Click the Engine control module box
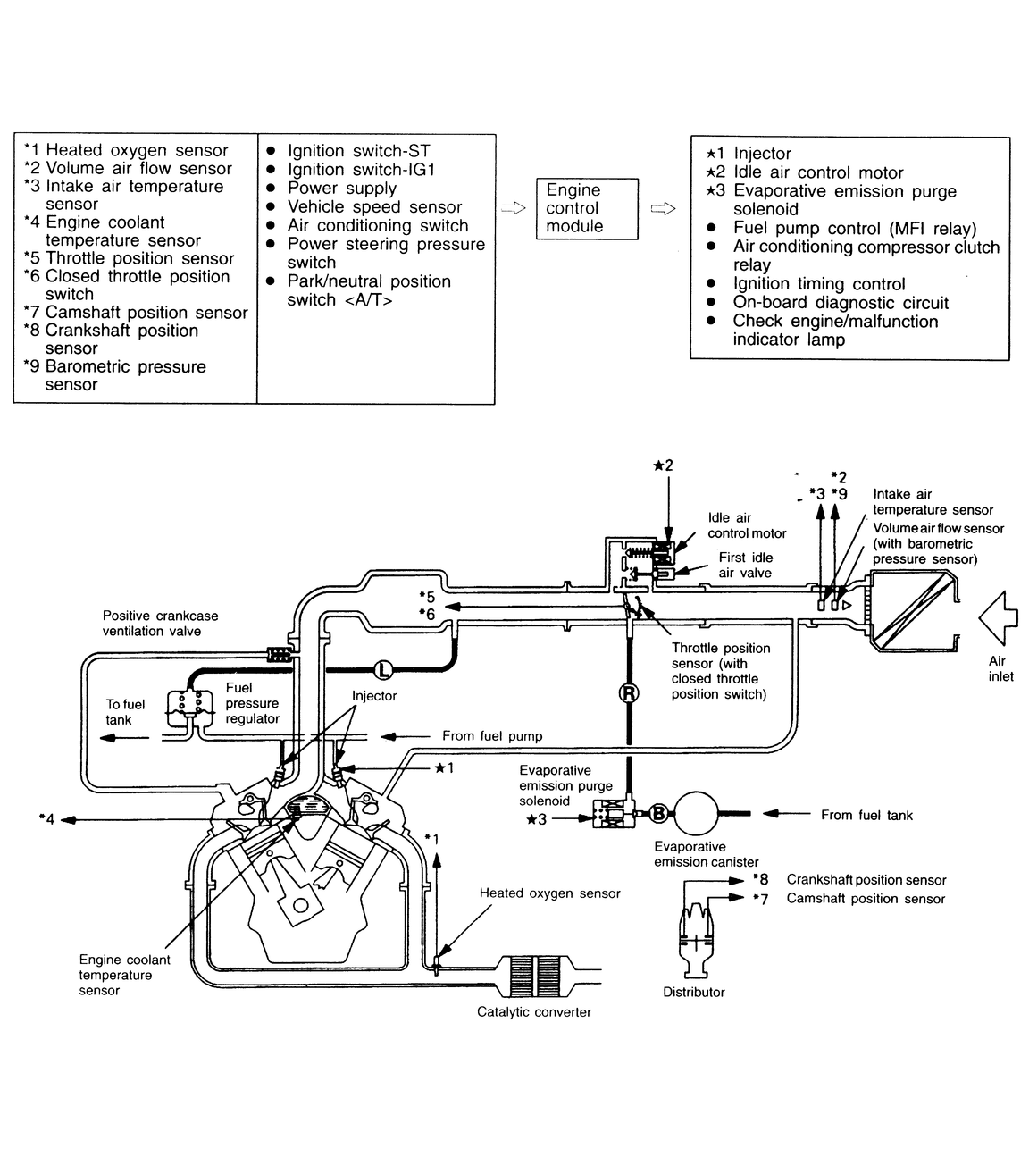point(587,208)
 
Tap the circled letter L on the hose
point(383,669)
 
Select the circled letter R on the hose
point(629,693)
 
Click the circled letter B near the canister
point(658,814)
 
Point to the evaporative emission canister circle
point(696,813)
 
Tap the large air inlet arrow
point(998,618)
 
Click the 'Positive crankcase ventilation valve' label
point(160,623)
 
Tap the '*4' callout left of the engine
point(46,819)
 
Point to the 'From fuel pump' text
point(492,736)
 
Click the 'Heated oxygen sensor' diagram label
point(549,893)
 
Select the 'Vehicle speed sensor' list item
point(374,206)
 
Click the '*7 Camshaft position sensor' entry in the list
point(136,313)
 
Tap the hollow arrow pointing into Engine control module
point(514,208)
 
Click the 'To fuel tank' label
point(125,712)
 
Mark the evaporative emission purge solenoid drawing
point(614,813)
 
